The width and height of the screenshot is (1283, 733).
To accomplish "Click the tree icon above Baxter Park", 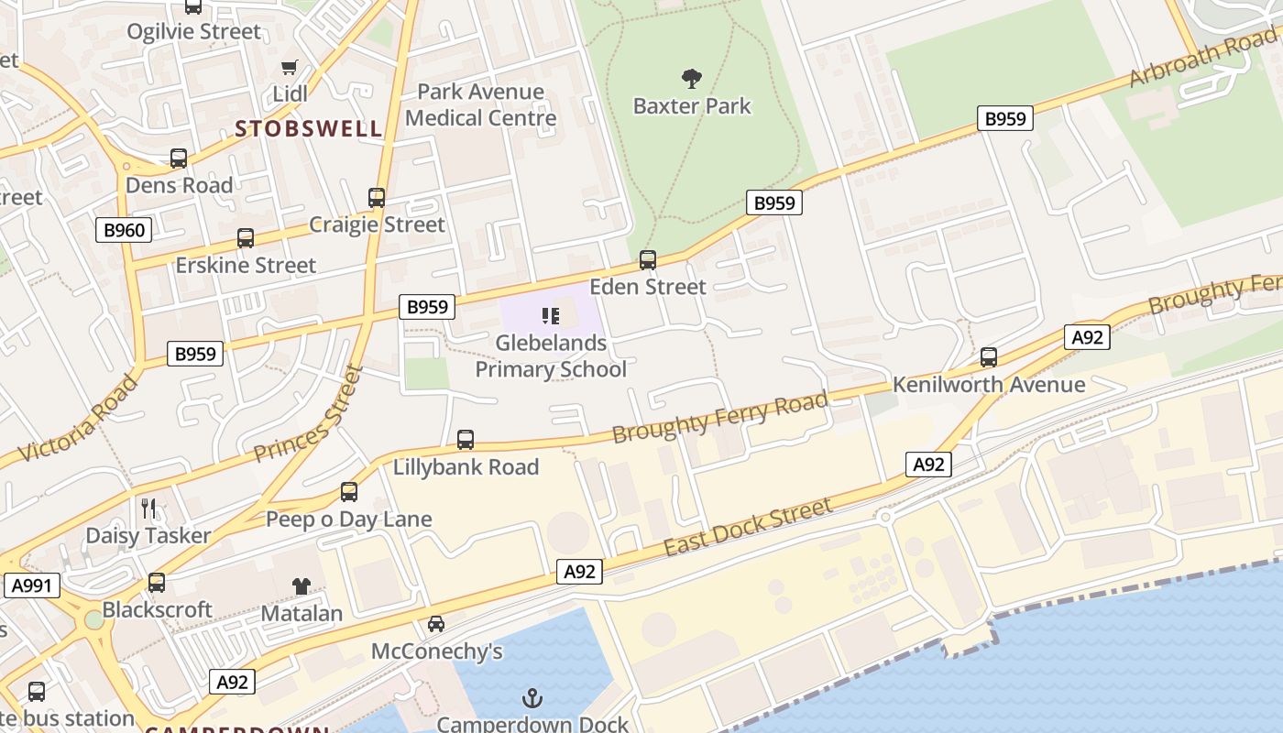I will [x=692, y=79].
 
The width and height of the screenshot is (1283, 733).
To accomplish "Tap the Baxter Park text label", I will [x=692, y=106].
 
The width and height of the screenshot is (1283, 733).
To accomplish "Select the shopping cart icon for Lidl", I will [x=290, y=67].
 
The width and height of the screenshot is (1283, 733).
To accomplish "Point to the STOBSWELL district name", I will [x=309, y=128].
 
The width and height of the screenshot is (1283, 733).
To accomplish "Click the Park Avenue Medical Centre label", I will [x=480, y=104].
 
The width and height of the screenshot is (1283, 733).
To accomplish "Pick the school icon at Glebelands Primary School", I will [x=551, y=317].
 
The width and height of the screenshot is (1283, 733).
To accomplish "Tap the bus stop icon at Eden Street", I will [x=648, y=260].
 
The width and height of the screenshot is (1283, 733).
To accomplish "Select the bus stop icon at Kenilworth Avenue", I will [x=989, y=357].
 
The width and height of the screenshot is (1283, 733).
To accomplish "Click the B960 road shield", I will [x=124, y=229].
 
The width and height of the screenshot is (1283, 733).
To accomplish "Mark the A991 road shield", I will [x=32, y=585].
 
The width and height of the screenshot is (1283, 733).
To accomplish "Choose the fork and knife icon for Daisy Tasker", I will [x=148, y=509].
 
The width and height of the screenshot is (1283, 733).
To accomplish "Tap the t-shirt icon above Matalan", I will [x=302, y=586].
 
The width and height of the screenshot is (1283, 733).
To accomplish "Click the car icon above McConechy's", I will [x=436, y=624].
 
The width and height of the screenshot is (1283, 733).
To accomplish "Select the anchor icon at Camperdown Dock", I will [x=532, y=698].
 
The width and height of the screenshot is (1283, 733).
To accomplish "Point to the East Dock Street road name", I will [x=748, y=527].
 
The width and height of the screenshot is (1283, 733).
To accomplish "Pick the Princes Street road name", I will [x=310, y=414].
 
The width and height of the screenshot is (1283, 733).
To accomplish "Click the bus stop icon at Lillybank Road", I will [x=466, y=440].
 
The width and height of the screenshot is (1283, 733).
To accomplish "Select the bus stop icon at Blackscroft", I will [x=157, y=583].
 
